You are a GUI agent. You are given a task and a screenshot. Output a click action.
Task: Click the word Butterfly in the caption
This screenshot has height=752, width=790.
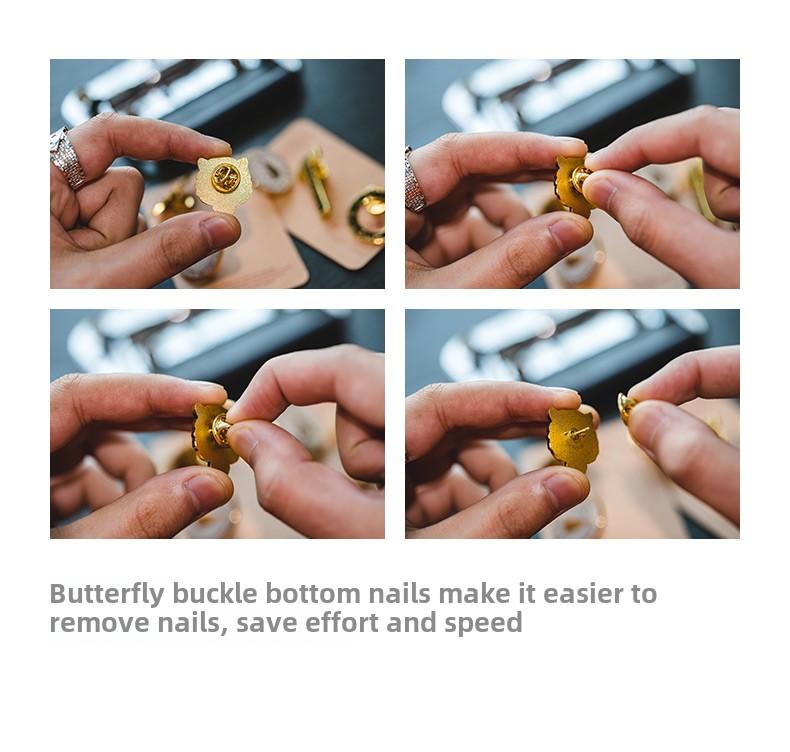click(107, 594)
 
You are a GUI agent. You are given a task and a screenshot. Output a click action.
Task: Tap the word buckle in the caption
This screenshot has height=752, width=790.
click(215, 593)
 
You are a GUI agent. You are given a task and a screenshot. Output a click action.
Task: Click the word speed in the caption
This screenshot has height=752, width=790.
click(483, 624)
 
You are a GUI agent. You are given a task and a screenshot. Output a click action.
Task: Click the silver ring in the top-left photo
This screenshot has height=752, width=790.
click(67, 158)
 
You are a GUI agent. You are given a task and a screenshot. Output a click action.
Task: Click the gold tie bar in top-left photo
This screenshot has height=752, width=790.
click(316, 182)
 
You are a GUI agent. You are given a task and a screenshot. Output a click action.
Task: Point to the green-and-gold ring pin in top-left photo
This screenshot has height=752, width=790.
click(368, 215)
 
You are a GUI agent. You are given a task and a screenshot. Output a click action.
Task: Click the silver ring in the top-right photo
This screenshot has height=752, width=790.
click(414, 179)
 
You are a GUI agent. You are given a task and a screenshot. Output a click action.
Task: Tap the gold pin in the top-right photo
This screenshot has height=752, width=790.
click(574, 185)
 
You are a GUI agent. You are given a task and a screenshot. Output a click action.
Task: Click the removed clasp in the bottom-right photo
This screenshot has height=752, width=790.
click(626, 407)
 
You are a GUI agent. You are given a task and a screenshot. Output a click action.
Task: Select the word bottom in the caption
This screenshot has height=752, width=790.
click(313, 593)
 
